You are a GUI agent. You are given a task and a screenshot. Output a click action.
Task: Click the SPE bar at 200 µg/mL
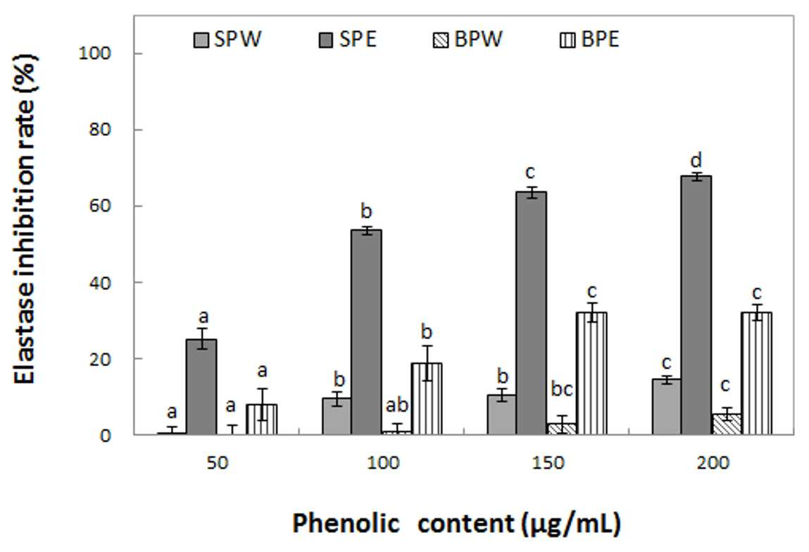click(696, 305)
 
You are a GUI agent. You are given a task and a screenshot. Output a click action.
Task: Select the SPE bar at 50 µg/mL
click(201, 387)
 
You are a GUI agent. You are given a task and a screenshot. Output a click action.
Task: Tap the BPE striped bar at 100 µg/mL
click(427, 398)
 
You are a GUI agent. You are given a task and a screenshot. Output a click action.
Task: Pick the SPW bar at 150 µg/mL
click(501, 415)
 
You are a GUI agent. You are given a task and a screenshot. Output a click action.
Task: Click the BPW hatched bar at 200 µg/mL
click(726, 424)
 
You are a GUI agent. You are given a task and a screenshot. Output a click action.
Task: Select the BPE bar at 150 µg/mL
click(591, 374)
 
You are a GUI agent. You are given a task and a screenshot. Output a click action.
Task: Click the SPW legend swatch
click(201, 40)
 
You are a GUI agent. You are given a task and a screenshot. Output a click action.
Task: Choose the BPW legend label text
click(478, 39)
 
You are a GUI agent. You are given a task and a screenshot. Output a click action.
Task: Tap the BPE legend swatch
click(567, 40)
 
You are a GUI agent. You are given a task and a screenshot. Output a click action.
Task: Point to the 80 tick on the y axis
click(99, 130)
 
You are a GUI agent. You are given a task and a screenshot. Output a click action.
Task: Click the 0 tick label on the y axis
click(105, 435)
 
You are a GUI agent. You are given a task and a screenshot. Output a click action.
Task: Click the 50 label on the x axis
click(217, 462)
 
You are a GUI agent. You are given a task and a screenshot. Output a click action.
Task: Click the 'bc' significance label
click(561, 388)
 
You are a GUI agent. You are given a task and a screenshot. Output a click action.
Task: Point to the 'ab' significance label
click(397, 405)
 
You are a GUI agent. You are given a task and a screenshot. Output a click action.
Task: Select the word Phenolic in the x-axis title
click(346, 523)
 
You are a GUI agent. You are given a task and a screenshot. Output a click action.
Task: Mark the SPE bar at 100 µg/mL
click(366, 332)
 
